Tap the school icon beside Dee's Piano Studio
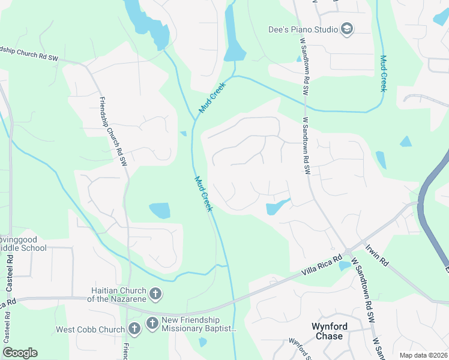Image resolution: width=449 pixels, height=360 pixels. click(x=346, y=28)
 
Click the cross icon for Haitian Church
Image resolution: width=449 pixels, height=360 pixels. click(x=155, y=294)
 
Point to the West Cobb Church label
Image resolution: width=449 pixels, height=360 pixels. click(x=90, y=329)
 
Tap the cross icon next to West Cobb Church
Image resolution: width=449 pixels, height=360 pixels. click(x=134, y=328)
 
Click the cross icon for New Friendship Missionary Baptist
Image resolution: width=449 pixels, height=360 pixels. click(x=152, y=324)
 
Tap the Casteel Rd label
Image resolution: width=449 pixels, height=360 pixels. click(x=10, y=272)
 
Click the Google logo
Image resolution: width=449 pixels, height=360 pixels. click(x=20, y=353)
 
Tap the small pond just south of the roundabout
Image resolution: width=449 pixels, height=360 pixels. click(x=345, y=265)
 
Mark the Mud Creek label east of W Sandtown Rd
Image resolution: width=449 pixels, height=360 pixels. click(x=383, y=73)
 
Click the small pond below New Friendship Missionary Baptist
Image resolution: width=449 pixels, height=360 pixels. click(x=202, y=343)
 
